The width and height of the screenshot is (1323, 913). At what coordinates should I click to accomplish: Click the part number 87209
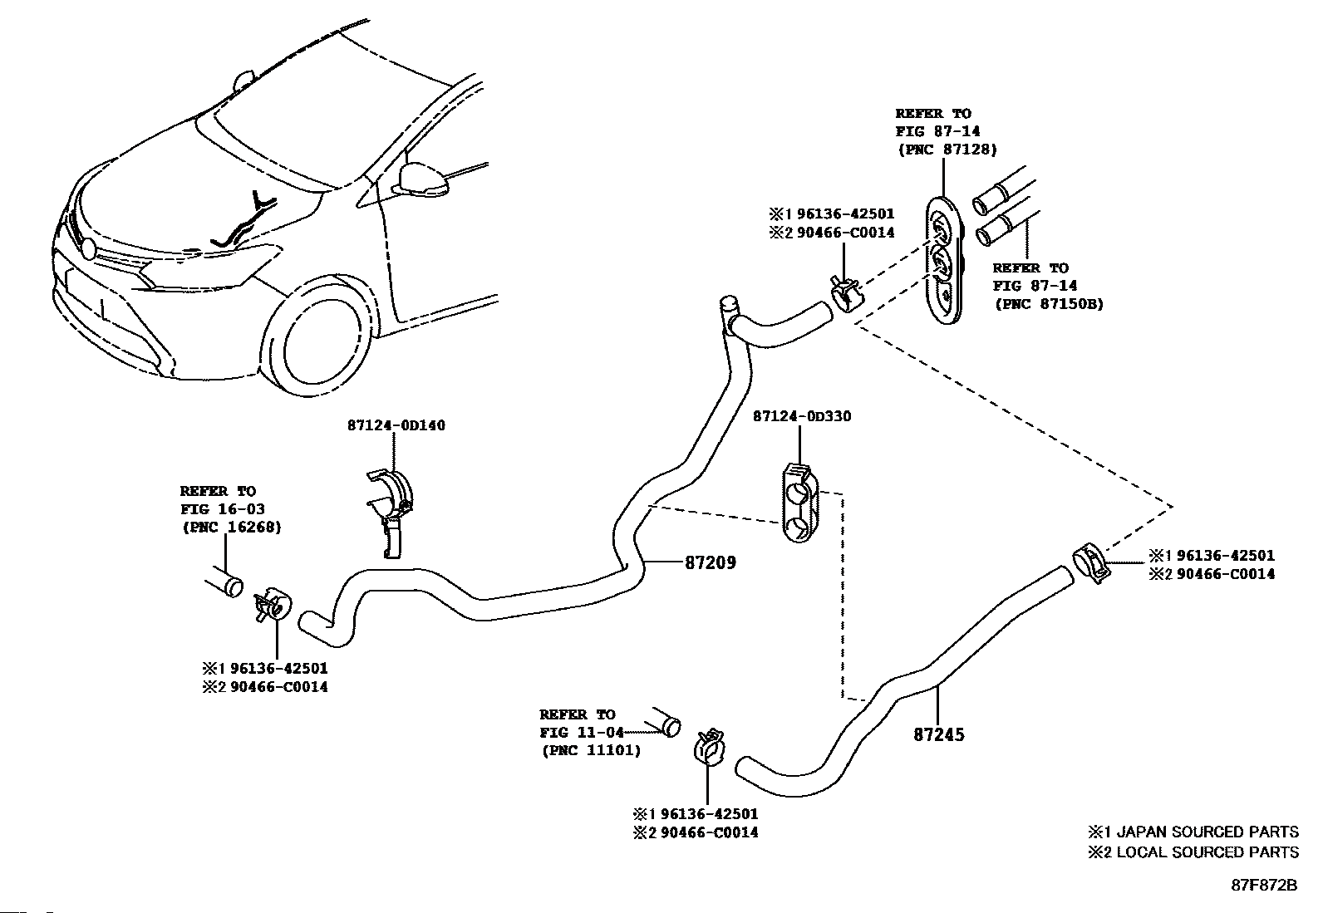tap(711, 562)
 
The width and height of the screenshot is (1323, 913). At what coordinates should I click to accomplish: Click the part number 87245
tap(939, 734)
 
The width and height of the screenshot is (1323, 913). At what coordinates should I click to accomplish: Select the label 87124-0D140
tap(396, 425)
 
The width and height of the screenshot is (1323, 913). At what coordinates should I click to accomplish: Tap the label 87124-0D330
tap(802, 416)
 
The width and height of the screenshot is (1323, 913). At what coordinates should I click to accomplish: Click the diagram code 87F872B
tap(1265, 886)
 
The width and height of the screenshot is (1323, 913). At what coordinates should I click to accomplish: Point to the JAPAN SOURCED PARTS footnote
tap(1193, 832)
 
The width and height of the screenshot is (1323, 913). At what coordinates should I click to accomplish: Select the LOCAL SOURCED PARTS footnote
tap(1193, 852)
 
